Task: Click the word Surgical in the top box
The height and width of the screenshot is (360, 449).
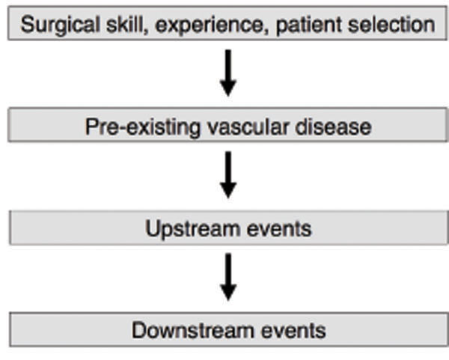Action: (x=60, y=25)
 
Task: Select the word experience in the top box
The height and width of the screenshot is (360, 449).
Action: (x=209, y=26)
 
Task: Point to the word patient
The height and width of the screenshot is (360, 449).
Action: (x=308, y=25)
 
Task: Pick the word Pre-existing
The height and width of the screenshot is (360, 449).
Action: (x=143, y=127)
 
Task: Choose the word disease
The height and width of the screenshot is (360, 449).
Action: (x=333, y=126)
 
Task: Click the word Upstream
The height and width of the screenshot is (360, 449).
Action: (x=193, y=230)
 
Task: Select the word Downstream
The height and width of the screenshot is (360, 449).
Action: (x=193, y=330)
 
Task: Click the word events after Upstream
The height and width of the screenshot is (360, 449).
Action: (x=279, y=230)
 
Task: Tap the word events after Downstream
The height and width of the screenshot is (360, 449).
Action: (x=293, y=331)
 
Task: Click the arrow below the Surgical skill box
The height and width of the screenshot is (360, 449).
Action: (x=228, y=73)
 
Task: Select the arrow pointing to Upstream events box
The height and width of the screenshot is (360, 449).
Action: (x=228, y=174)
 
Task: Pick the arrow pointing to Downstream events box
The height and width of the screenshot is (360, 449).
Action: (x=228, y=277)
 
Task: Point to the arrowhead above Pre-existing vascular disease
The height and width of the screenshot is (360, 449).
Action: (x=228, y=88)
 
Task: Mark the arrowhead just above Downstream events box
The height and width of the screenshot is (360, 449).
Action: (x=228, y=292)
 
